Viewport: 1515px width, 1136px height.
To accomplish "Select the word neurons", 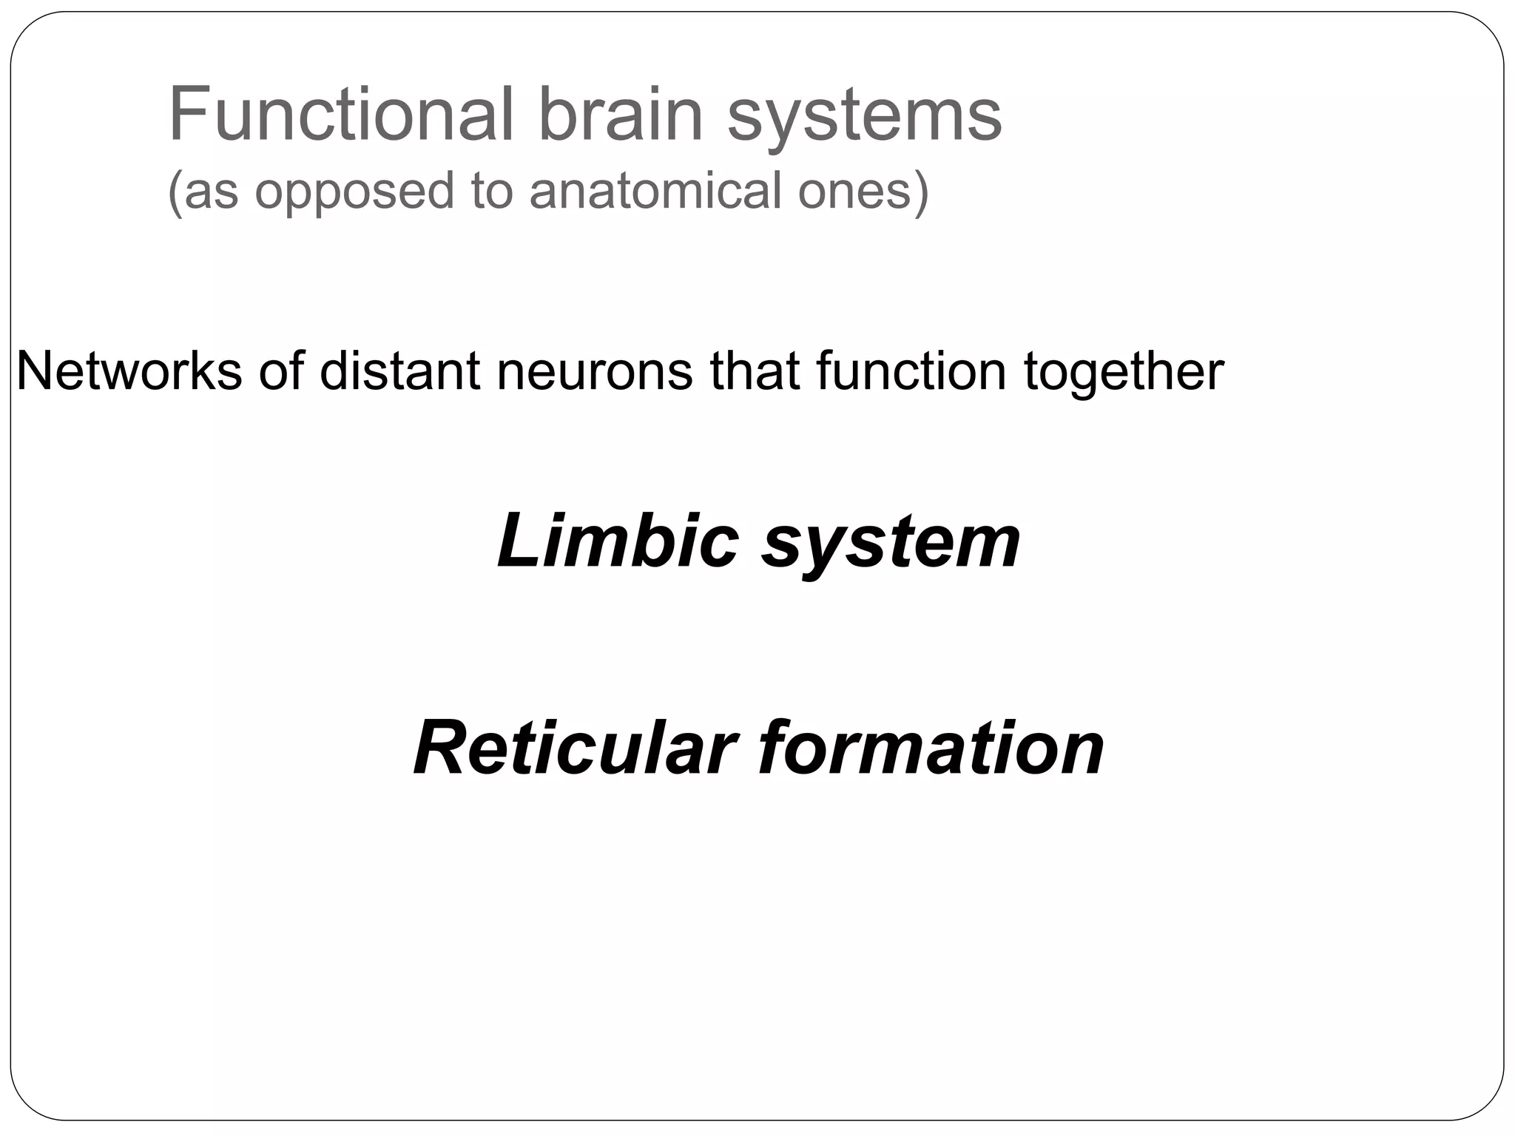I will [595, 372].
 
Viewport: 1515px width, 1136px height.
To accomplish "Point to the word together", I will [1124, 372].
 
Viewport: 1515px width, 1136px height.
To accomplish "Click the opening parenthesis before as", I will [175, 192].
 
